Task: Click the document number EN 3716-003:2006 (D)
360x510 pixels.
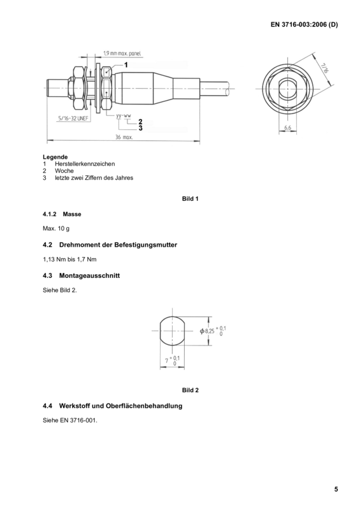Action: (304, 25)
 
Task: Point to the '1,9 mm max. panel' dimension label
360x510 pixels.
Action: (122, 54)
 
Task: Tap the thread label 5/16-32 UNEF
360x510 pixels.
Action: (73, 118)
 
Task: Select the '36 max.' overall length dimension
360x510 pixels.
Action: (124, 137)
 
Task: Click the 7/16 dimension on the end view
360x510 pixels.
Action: (324, 68)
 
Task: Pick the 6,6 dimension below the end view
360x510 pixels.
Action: (288, 128)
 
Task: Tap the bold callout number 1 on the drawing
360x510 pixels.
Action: (126, 65)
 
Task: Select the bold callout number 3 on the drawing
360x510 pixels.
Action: (140, 128)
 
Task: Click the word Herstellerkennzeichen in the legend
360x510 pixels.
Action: (85, 164)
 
